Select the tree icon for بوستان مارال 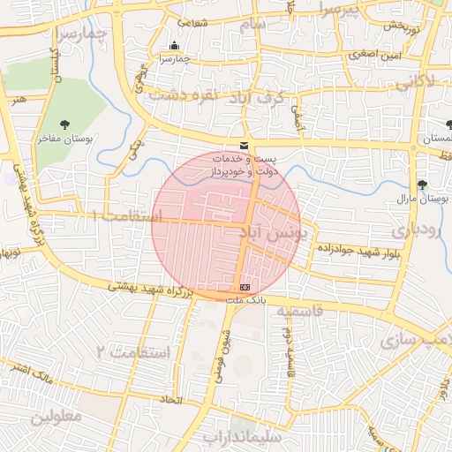point(424,185)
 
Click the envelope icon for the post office point(245,145)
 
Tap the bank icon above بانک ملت point(245,288)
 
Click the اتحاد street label point(169,400)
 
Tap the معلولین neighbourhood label point(56,415)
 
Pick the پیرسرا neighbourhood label point(340,11)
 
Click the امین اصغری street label point(368,54)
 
